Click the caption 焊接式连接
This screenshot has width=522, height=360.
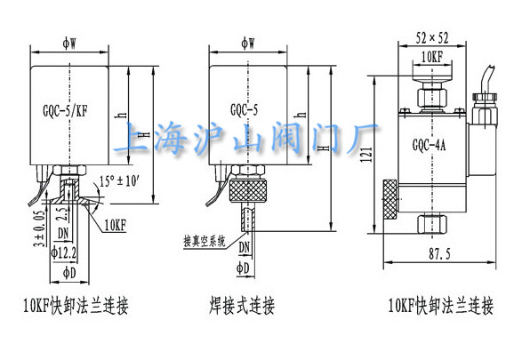[x=242, y=307]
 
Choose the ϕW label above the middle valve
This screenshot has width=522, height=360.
[x=245, y=41]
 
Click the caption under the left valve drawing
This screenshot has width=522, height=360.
[x=76, y=307]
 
